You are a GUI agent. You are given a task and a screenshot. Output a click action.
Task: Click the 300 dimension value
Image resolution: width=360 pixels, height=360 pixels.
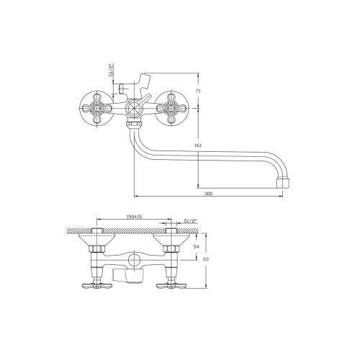coord(209,194)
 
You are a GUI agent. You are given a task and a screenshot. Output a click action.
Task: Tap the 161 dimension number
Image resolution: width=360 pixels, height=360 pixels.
coord(199,145)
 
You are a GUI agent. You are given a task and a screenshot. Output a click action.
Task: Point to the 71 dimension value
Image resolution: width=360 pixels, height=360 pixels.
coord(198,91)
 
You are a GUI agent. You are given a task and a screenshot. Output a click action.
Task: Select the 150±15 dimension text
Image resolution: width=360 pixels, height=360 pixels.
coord(134,217)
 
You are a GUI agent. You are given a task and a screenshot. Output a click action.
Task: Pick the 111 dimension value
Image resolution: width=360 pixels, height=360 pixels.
coord(206,259)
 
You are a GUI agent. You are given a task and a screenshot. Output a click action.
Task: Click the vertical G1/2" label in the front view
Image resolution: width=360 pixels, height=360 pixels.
coord(111,70)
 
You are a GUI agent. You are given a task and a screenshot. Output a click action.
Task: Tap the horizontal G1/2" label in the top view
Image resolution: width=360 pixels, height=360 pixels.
coord(190,220)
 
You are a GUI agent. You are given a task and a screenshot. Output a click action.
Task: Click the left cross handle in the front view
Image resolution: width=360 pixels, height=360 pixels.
coord(96,109)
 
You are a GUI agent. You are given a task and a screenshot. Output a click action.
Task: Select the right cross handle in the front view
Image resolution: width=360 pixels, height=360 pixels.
coord(171,109)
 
